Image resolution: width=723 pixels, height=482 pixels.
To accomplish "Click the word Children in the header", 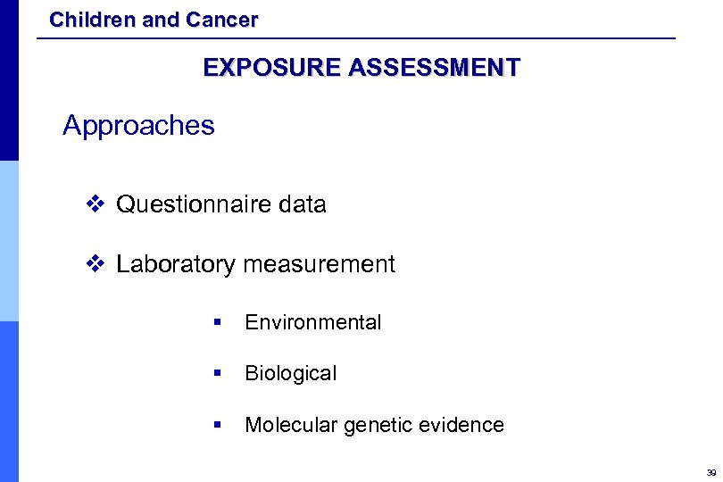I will (87, 20).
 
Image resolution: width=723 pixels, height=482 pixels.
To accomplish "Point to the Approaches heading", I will (138, 126).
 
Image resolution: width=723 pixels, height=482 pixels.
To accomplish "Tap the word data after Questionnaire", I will (303, 204).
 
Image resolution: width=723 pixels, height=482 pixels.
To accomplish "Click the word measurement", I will (319, 264).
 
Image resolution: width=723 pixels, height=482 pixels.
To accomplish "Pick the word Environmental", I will (312, 322).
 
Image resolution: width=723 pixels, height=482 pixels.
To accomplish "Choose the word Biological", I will (290, 373).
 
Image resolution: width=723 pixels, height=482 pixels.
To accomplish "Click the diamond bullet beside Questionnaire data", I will (96, 204).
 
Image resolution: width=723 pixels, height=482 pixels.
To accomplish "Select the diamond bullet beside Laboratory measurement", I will (96, 264).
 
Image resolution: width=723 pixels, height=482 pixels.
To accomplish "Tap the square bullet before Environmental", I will (217, 323).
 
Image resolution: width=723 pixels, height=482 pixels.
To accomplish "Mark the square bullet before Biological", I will (217, 374).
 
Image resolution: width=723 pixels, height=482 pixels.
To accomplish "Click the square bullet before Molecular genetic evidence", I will (217, 426).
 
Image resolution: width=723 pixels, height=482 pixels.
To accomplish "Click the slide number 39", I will (711, 472).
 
